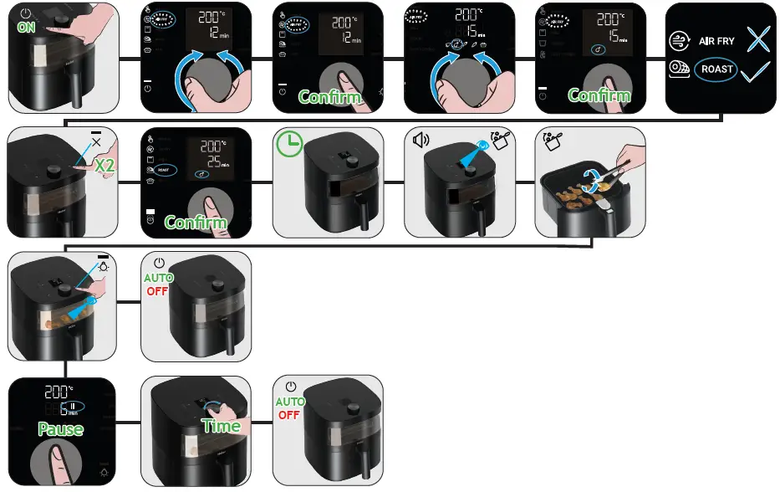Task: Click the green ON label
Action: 26,27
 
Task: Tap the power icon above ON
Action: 27,13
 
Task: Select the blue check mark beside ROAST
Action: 756,72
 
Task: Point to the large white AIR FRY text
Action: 716,41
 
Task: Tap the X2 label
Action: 105,166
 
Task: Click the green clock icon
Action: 289,145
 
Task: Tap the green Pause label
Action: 60,429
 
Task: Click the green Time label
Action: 221,426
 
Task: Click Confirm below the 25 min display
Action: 196,222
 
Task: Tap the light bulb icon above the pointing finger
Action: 104,266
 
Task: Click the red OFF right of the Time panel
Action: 289,415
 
